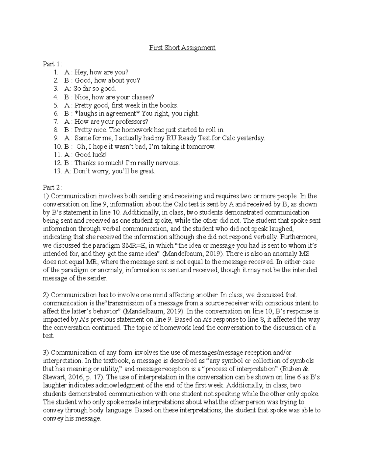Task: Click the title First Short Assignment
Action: pyautogui.click(x=182, y=48)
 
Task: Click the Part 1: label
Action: pyautogui.click(x=52, y=64)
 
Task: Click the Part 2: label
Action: pyautogui.click(x=52, y=188)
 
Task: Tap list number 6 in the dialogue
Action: pyautogui.click(x=56, y=114)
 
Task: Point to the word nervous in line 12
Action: pyautogui.click(x=169, y=163)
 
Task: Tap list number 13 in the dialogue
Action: pyautogui.click(x=57, y=171)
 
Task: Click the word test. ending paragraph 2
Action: pyautogui.click(x=48, y=336)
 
